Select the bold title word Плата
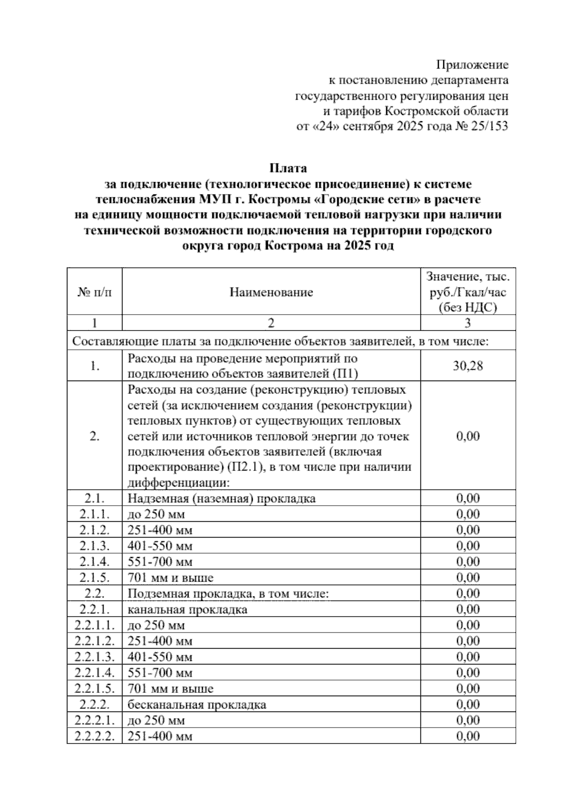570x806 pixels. tap(288, 168)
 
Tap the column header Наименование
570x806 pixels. tap(271, 292)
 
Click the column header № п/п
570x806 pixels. tap(95, 292)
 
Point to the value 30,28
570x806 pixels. tap(468, 366)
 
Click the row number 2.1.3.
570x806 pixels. tap(95, 546)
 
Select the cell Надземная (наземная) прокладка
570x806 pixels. tap(221, 499)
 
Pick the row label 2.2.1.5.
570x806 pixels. tap(95, 688)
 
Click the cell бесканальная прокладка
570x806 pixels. tap(197, 704)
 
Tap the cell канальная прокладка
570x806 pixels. tap(187, 609)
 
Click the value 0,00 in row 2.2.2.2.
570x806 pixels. tap(468, 736)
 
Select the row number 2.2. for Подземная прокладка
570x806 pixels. tap(95, 593)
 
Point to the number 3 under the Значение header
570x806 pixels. tap(468, 323)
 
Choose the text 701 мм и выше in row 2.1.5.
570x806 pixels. tap(171, 578)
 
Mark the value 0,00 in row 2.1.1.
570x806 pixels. tap(468, 514)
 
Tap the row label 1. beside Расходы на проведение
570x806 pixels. tap(95, 366)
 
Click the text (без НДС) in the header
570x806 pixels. tap(468, 307)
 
